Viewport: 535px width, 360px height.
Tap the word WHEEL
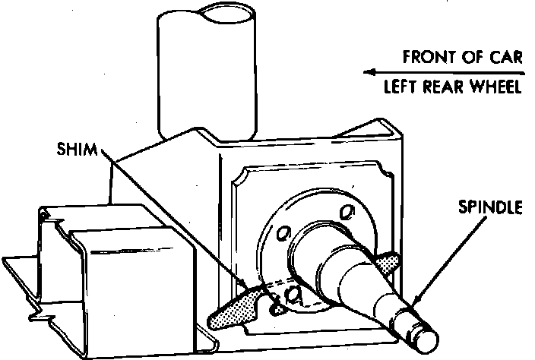pos(495,87)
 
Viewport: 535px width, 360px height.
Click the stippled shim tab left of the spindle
pos(233,308)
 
